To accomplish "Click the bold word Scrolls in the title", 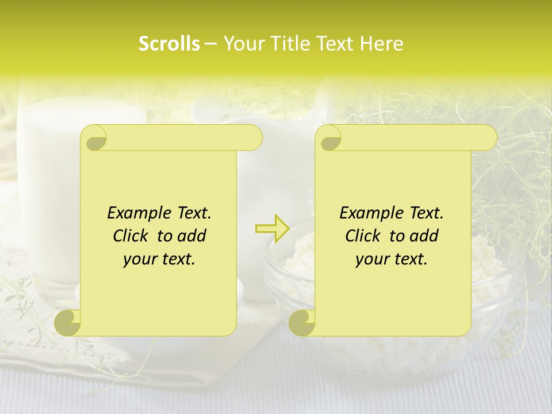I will [169, 44].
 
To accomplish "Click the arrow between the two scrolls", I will [273, 228].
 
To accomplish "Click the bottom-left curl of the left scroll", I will [67, 322].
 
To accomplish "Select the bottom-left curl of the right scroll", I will [302, 322].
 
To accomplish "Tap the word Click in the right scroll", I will [362, 236].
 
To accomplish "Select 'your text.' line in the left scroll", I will [159, 259].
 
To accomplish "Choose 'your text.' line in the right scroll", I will [392, 259].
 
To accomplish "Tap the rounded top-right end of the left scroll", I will [253, 137].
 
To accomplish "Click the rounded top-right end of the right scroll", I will [488, 137].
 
